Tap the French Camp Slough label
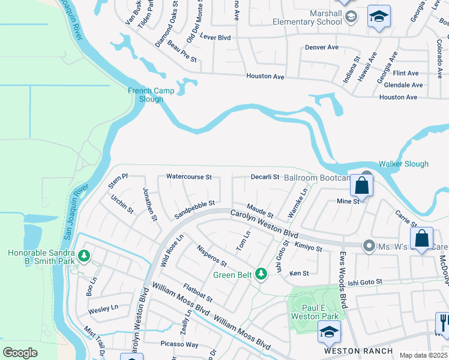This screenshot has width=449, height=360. pos(151,95)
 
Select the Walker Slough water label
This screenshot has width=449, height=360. pos(403,164)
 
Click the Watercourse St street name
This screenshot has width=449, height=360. pos(189,177)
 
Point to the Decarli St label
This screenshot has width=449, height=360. pos(265,177)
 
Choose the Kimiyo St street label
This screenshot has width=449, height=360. pos(308,247)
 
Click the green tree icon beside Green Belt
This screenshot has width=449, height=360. pos(261,274)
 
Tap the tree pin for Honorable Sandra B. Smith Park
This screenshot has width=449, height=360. pos(84,256)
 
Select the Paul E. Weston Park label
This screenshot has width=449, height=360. pos(313,311)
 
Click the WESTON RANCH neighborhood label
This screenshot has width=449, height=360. pos(358,351)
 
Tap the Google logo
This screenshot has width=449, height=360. pos(20,352)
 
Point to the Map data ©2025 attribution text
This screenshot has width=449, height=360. pos(423,355)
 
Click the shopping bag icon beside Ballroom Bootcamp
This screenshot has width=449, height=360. pos(362,185)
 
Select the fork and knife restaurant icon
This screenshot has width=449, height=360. pos(443,324)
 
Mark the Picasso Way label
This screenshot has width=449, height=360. pos(179,344)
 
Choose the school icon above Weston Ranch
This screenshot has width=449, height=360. pos(329,332)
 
